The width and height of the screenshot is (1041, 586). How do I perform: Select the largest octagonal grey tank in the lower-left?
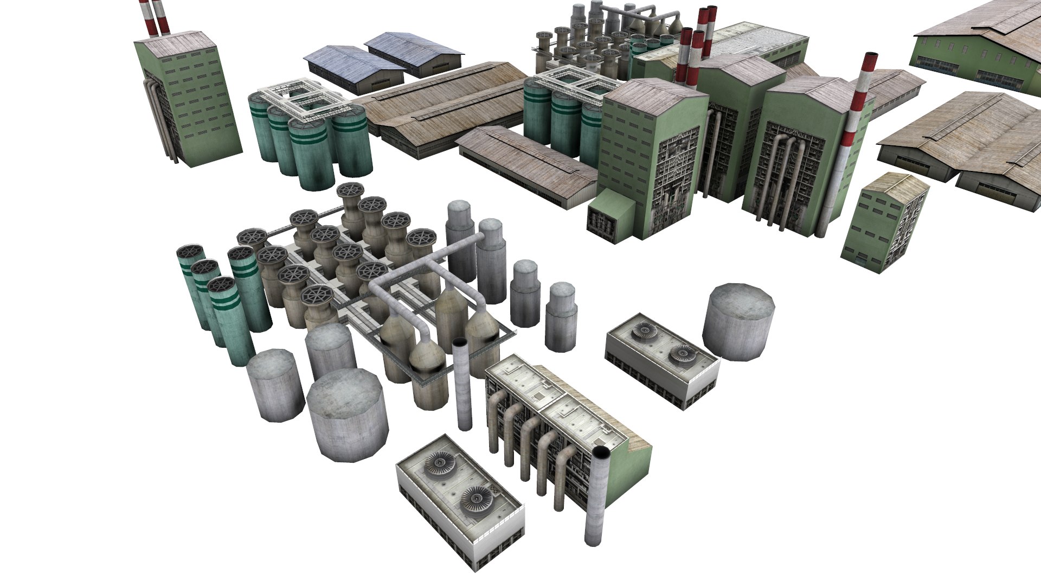pyautogui.click(x=347, y=415)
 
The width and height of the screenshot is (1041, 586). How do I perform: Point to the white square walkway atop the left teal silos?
pyautogui.click(x=304, y=101)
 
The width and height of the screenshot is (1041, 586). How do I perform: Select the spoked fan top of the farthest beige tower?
pyautogui.click(x=350, y=190)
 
